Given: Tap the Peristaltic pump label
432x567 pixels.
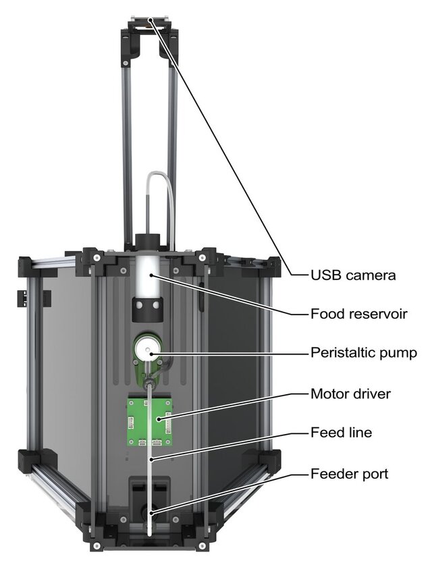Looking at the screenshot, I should [363, 353].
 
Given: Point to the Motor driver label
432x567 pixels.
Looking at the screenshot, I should [351, 393].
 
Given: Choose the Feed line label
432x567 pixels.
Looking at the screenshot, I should [341, 433].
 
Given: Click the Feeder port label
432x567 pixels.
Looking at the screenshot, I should [349, 474].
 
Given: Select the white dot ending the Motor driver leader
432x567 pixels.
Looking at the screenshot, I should [160, 419].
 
